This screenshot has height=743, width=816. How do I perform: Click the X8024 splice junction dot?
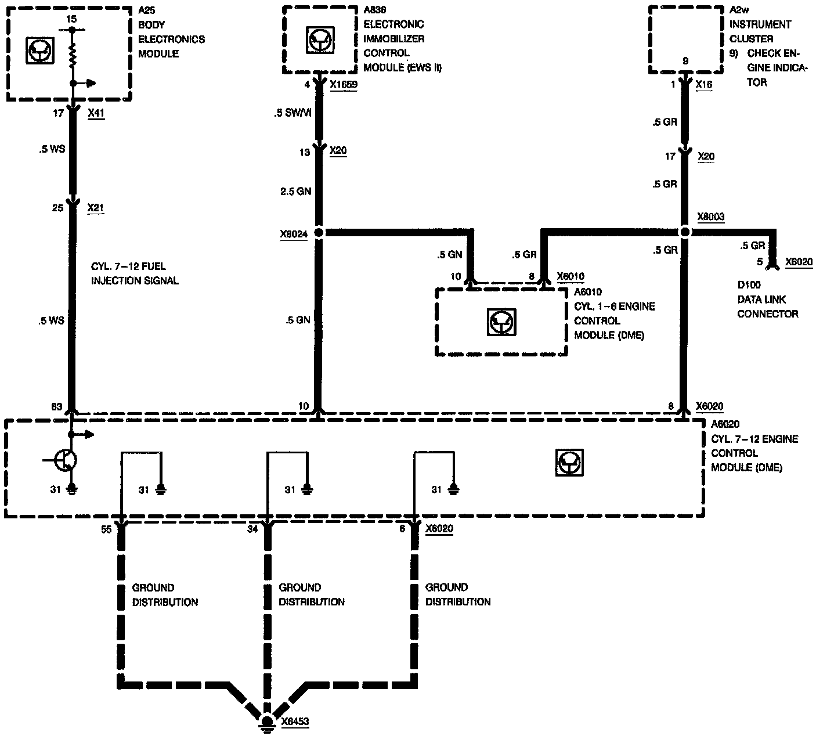[x=318, y=233]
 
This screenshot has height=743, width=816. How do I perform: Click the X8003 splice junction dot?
[x=685, y=232]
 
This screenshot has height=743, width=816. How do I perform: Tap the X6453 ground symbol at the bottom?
[x=267, y=722]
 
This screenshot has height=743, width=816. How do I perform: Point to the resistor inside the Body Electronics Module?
[x=72, y=56]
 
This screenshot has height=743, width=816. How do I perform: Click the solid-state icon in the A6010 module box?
[x=501, y=322]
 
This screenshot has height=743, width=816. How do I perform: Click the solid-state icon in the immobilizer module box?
[x=318, y=41]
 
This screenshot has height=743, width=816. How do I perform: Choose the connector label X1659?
[x=344, y=85]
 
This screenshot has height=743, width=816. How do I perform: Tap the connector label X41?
[x=96, y=113]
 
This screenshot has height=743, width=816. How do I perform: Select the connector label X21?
[x=96, y=207]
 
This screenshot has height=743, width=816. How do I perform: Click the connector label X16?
[x=703, y=85]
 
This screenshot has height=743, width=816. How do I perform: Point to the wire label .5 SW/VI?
[x=293, y=113]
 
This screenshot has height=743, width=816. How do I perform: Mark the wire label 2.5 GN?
[x=296, y=192]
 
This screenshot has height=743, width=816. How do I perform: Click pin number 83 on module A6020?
[x=56, y=407]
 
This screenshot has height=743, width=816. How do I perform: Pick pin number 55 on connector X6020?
[x=106, y=529]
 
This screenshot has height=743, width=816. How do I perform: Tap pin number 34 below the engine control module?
[x=252, y=529]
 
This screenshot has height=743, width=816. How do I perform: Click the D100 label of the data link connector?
[x=749, y=285]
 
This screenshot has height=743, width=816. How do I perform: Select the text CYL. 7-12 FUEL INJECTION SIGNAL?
[x=135, y=274]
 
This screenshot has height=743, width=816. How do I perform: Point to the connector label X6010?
[x=571, y=276]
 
